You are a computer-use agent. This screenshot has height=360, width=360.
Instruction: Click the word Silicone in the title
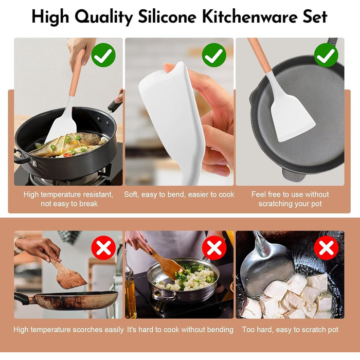pyautogui.click(x=167, y=17)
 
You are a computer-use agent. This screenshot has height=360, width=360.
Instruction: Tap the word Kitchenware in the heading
pyautogui.click(x=250, y=17)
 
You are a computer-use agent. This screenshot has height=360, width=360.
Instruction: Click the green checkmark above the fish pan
pyautogui.click(x=103, y=55)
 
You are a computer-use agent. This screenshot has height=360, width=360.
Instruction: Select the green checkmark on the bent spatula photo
pyautogui.click(x=214, y=55)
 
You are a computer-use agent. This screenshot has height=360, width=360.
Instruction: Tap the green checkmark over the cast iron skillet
pyautogui.click(x=326, y=55)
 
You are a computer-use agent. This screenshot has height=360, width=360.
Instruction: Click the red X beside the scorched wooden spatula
pyautogui.click(x=103, y=248)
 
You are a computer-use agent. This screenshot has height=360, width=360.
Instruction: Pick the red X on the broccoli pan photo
pyautogui.click(x=214, y=248)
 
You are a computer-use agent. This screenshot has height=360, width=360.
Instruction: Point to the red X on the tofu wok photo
pyautogui.click(x=326, y=248)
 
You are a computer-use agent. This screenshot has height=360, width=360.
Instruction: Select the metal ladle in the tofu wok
pyautogui.click(x=266, y=266)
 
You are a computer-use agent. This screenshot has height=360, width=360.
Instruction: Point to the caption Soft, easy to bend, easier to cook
pyautogui.click(x=179, y=194)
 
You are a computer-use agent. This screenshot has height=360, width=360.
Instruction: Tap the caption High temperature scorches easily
pyautogui.click(x=68, y=330)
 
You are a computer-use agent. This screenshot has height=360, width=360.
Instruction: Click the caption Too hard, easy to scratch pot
pyautogui.click(x=290, y=330)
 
